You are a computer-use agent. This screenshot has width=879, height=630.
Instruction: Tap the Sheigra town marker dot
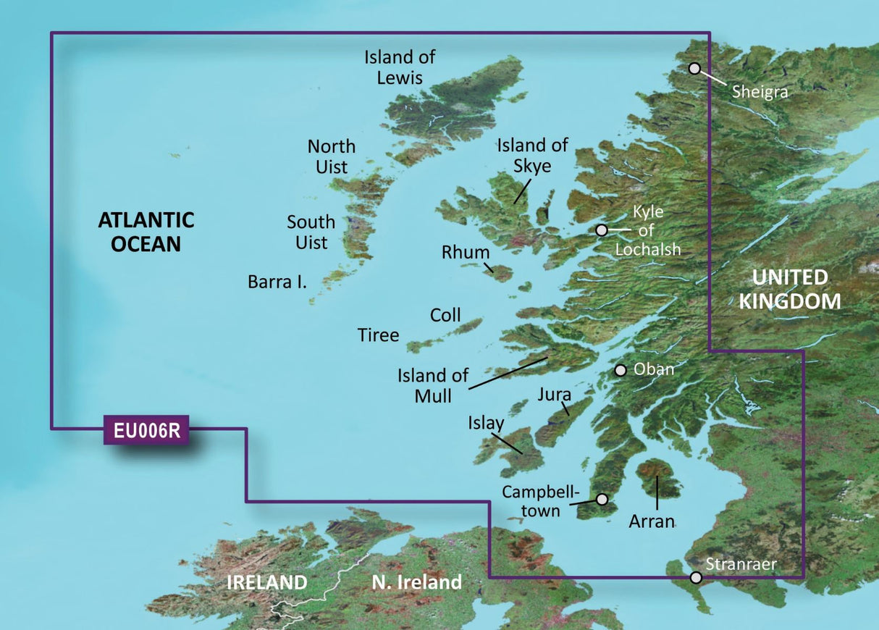pyautogui.click(x=694, y=69)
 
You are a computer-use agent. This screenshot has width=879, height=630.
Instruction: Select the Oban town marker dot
pyautogui.click(x=621, y=370)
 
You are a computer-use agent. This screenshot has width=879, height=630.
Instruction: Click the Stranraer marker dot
pyautogui.click(x=696, y=577)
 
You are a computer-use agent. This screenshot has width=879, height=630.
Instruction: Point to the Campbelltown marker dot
pyautogui.click(x=602, y=499)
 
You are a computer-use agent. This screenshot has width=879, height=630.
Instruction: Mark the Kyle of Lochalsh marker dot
pyautogui.click(x=601, y=230)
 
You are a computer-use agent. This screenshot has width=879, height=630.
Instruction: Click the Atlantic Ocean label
pyautogui.click(x=146, y=232)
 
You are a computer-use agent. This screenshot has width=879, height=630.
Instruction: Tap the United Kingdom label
pyautogui.click(x=789, y=289)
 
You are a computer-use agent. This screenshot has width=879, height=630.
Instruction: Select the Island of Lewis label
pyautogui.click(x=400, y=67)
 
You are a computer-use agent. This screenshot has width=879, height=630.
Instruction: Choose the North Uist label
pyautogui.click(x=332, y=156)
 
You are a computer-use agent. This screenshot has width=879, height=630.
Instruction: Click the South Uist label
pyautogui.click(x=311, y=232)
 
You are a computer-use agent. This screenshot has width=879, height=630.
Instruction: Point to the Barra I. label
pyautogui.click(x=277, y=282)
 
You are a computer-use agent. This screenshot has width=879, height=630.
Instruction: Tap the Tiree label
pyautogui.click(x=378, y=335)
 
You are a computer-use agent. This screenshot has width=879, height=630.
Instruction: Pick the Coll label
pyautogui.click(x=445, y=315)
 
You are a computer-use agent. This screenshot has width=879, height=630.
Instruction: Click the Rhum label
pyautogui.click(x=466, y=253)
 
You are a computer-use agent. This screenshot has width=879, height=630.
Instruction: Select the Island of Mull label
pyautogui.click(x=432, y=385)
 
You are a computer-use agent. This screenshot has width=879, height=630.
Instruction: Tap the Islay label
pyautogui.click(x=487, y=423)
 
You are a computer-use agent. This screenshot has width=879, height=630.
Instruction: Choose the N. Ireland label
pyautogui.click(x=416, y=581)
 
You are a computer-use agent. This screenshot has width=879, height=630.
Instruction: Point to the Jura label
pyautogui.click(x=555, y=395)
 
